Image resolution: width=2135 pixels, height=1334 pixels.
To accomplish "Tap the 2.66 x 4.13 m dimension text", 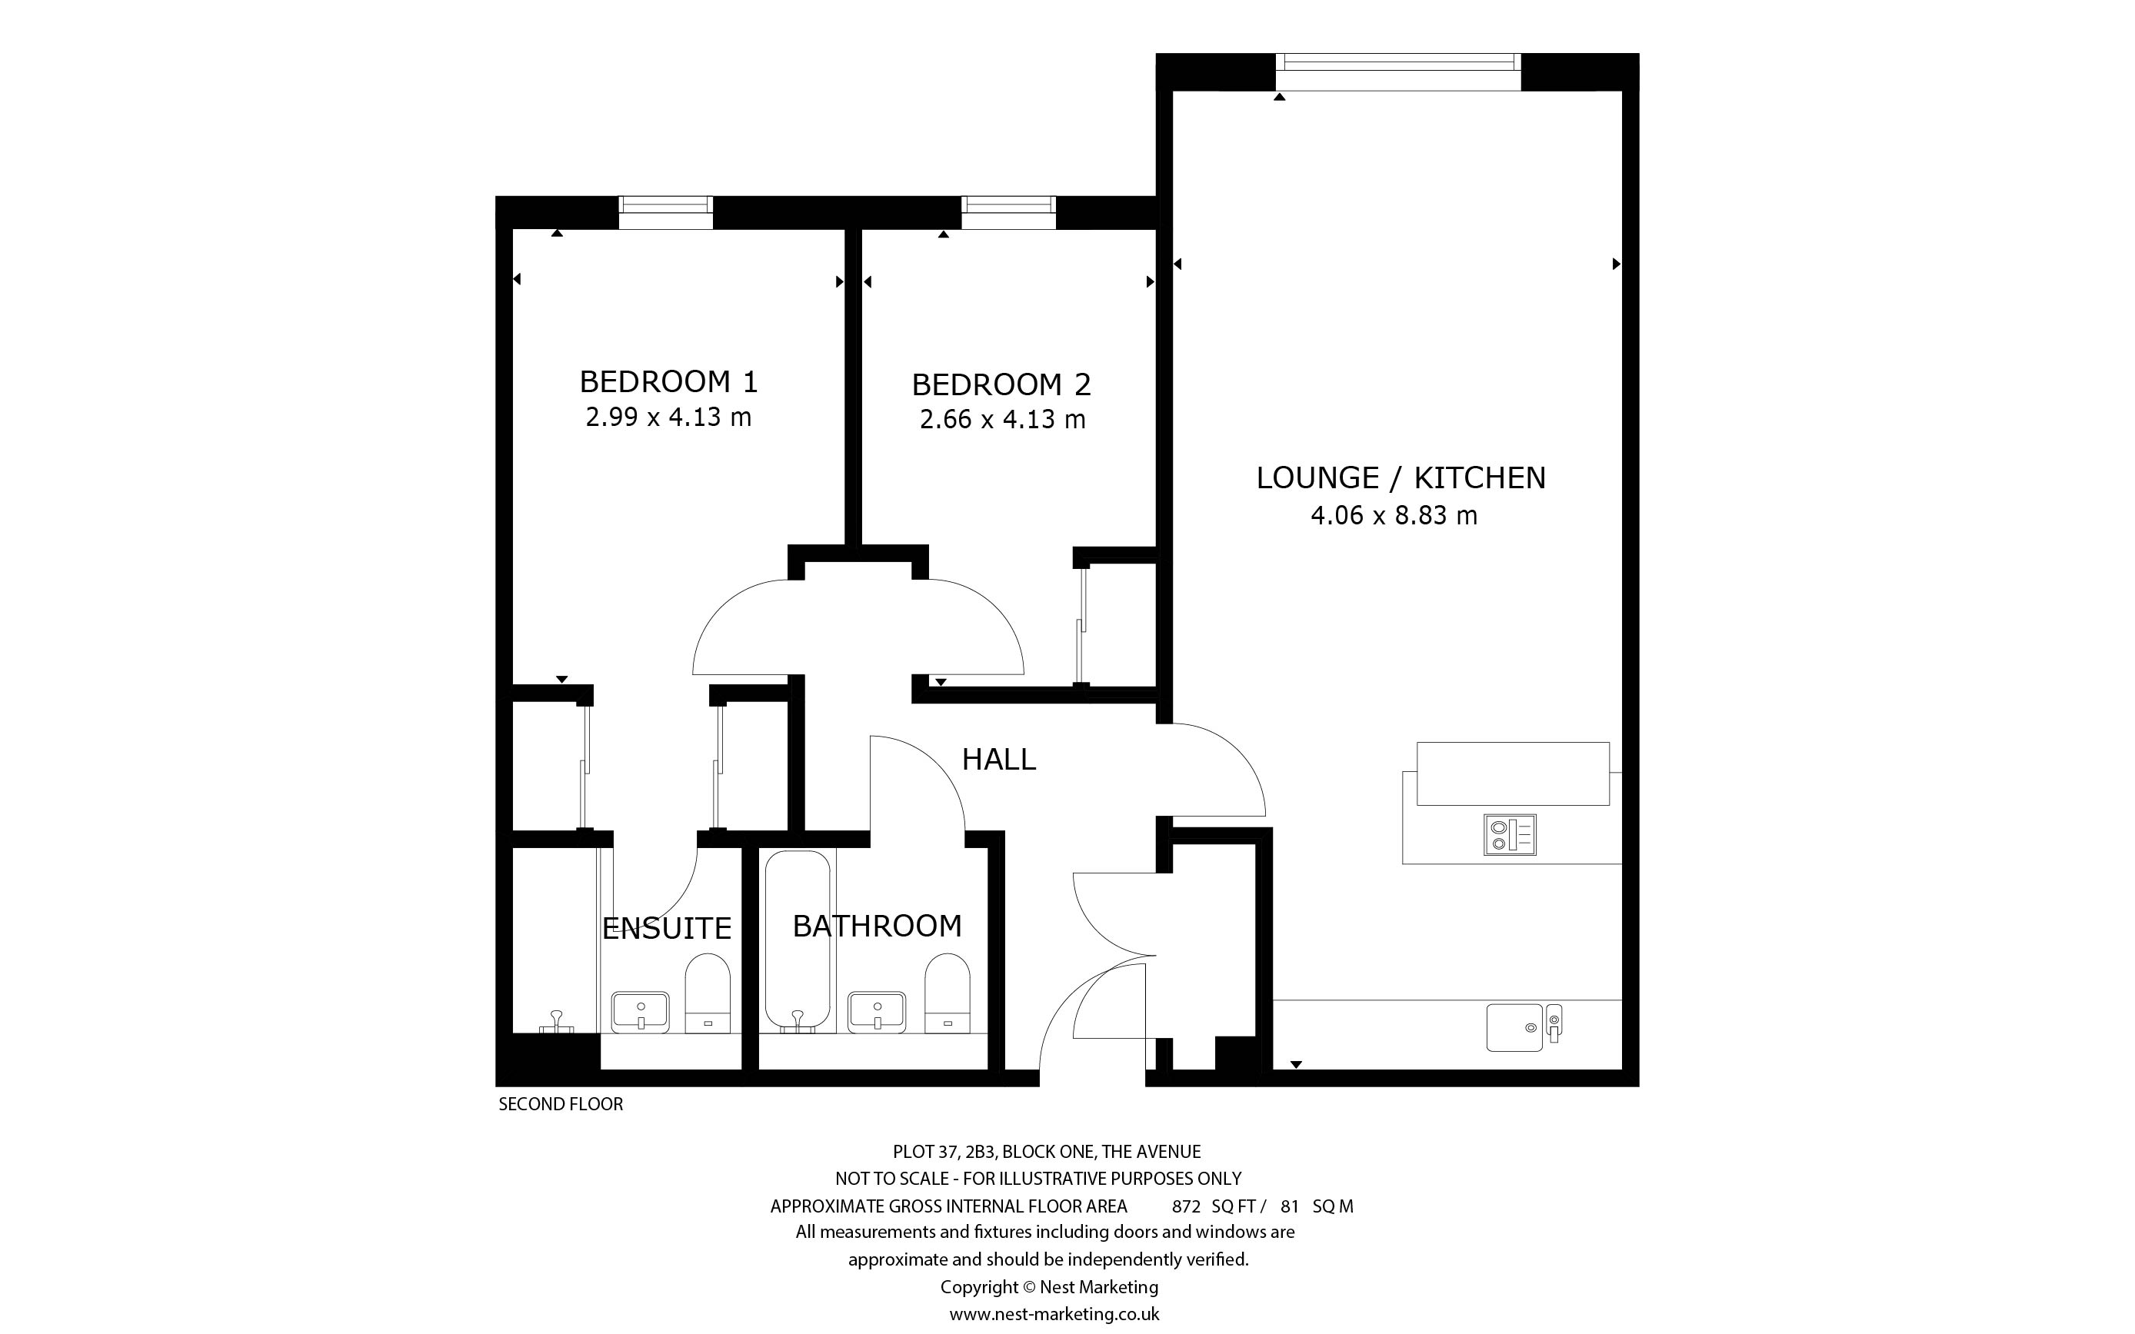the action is (1002, 419).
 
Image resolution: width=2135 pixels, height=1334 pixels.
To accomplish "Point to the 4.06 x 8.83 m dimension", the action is (1394, 515).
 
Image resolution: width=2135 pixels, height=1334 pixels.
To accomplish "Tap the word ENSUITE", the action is (667, 928).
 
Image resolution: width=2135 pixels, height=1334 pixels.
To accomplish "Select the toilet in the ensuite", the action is (708, 993).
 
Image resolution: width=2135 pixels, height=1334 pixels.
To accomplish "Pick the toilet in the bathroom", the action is (948, 993).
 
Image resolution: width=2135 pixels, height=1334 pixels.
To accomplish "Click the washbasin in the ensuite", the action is (641, 1011).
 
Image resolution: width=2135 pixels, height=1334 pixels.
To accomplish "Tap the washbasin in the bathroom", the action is (877, 1011).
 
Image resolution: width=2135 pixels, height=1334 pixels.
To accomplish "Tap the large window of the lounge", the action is (1398, 72).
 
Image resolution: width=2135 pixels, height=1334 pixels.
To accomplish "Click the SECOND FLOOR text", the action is (561, 1105).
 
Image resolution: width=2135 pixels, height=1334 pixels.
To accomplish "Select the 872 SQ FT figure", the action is (1218, 1207).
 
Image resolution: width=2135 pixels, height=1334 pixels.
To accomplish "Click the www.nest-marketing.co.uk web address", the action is (1054, 1315).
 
